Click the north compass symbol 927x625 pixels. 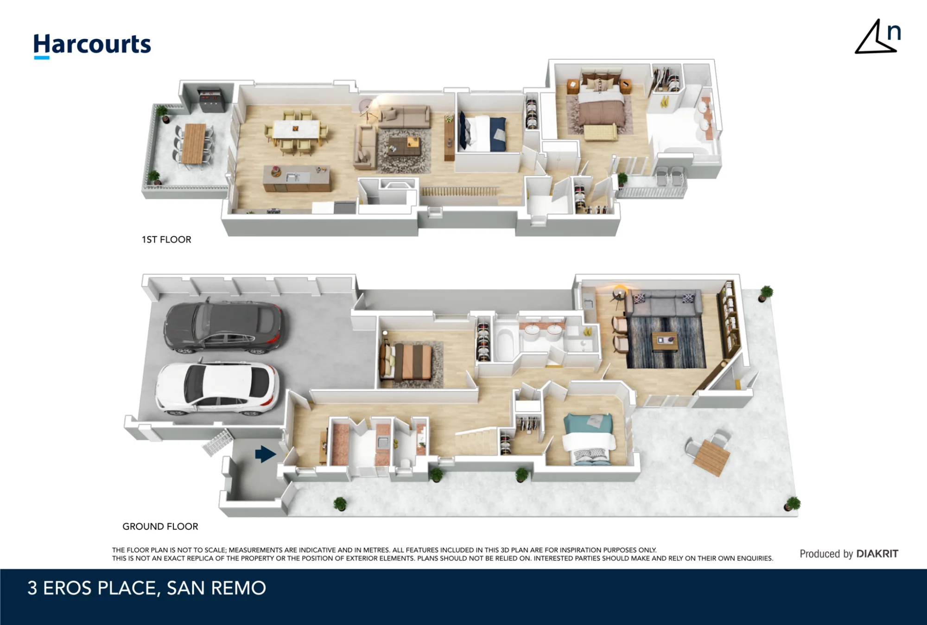(877, 37)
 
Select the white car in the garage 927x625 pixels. (217, 388)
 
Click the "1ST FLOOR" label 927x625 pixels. (166, 240)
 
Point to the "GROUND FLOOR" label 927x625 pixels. (160, 526)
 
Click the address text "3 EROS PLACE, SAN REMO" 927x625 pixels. (146, 588)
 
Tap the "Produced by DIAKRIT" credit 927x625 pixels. (849, 554)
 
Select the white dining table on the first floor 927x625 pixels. (296, 130)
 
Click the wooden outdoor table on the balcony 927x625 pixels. (194, 143)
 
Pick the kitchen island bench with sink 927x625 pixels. (297, 179)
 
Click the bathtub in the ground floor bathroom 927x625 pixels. (503, 343)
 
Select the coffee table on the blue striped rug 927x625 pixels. (665, 341)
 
